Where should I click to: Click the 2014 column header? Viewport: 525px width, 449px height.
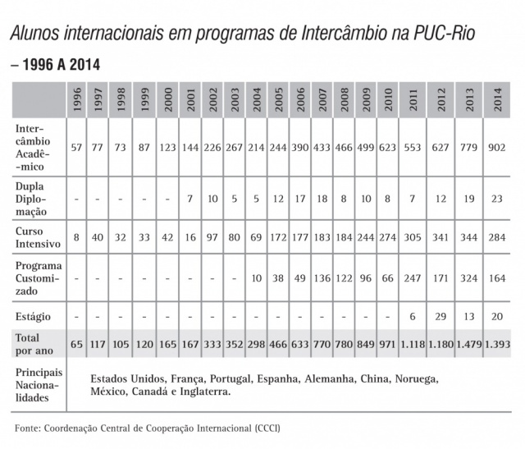495,101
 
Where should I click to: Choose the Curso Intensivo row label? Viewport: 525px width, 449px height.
36,237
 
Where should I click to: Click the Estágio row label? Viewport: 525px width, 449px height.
33,314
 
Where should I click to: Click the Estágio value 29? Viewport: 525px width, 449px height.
441,315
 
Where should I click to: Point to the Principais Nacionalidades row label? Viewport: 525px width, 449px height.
42,385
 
